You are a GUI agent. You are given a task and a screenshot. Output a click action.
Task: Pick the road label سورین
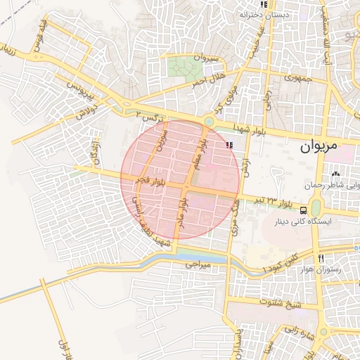[162, 134]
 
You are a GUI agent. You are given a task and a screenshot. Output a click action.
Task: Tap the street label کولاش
[85, 111]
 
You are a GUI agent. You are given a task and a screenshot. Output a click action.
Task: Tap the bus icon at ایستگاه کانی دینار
[303, 210]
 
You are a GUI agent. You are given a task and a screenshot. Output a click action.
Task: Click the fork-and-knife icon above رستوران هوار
[320, 258]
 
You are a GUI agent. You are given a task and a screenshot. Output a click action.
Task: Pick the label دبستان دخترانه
[265, 14]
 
